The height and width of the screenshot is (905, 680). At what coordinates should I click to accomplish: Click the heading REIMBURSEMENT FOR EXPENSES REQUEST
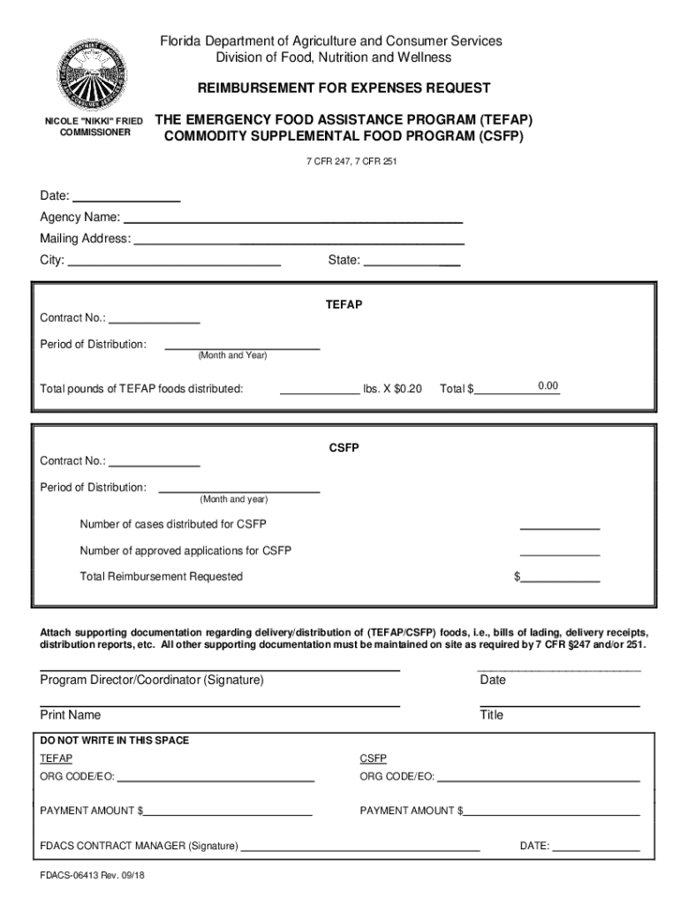(344, 88)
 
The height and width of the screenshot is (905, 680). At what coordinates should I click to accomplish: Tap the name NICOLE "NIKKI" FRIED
(94, 119)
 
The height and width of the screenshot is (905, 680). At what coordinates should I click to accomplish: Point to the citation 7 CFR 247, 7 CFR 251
(344, 162)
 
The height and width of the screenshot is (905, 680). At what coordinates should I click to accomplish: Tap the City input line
(174, 261)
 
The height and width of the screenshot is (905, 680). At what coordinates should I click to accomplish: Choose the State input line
(412, 261)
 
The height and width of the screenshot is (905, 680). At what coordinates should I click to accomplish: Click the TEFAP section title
(344, 304)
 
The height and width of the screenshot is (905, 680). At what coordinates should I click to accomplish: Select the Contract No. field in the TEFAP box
(154, 318)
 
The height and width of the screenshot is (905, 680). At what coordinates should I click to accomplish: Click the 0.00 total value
(548, 386)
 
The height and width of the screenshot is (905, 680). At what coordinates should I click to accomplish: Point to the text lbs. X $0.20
(392, 389)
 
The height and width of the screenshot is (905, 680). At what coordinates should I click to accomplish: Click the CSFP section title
(344, 447)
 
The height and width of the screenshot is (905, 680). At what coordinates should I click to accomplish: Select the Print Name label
(71, 715)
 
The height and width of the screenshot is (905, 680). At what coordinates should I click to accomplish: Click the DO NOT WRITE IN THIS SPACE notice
(114, 741)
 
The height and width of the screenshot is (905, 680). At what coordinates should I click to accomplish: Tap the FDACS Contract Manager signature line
(360, 846)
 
